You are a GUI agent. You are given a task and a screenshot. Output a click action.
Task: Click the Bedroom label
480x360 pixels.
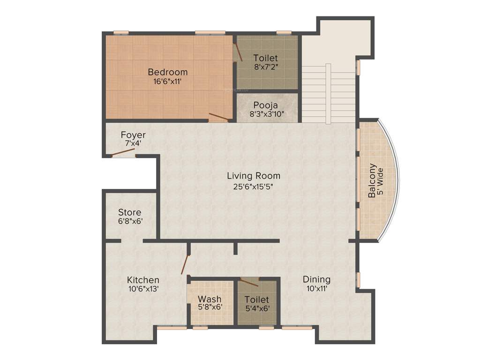pos(168,72)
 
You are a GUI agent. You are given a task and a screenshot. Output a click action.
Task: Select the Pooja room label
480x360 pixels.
pos(266,105)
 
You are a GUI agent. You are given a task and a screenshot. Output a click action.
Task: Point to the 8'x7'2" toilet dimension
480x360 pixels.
pos(266,67)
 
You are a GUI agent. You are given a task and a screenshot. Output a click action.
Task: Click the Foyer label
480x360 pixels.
pos(133,135)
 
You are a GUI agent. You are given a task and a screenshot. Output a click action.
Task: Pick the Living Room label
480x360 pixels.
pos(254,176)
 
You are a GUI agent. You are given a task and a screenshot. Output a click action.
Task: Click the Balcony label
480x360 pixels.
pos(372,180)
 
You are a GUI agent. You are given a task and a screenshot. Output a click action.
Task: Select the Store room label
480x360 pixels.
pos(129,212)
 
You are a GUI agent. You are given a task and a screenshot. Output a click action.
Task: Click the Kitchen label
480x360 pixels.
pos(143,280)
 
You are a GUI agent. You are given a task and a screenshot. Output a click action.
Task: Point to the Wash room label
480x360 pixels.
pos(210,299)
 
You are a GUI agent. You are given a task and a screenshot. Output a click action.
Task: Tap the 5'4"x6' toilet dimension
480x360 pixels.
pos(257,308)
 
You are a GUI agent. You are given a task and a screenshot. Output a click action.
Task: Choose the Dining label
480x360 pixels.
pos(316,279)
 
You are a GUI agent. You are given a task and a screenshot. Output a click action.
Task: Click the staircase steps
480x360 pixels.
pos(328,94)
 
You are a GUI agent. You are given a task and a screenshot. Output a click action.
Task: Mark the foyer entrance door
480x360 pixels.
pos(123,152)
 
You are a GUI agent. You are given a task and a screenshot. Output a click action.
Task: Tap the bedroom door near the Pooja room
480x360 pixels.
pos(218,117)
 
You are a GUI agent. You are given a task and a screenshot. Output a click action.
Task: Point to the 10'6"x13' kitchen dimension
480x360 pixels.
pos(143,289)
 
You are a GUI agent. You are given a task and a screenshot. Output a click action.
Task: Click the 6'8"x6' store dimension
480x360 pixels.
pos(130,221)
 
